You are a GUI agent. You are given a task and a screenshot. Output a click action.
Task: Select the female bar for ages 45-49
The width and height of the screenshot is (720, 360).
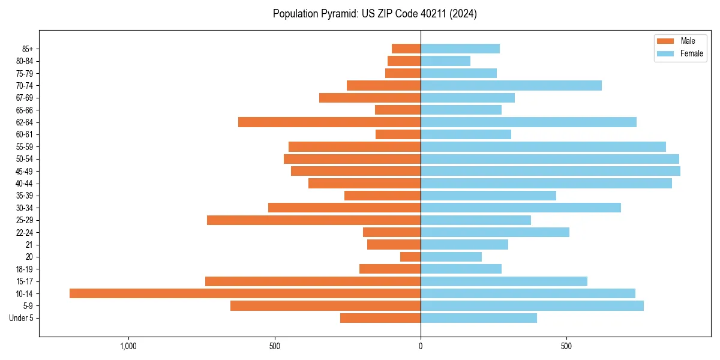550,171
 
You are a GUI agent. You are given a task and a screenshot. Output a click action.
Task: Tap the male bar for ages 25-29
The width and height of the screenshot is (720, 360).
314,220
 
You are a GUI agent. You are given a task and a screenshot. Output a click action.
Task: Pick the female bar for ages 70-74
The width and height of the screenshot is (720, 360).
511,85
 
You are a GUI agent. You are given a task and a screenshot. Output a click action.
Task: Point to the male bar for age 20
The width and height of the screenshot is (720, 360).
410,257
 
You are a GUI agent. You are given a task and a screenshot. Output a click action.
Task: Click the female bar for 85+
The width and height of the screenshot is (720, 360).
460,49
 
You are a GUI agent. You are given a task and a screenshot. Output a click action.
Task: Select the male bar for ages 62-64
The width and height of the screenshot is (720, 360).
329,122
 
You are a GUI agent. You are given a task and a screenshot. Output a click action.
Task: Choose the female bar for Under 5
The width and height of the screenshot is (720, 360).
479,318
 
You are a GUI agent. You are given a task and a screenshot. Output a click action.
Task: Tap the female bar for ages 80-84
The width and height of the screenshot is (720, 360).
445,61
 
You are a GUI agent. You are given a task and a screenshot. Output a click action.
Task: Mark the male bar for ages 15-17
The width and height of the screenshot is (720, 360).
313,281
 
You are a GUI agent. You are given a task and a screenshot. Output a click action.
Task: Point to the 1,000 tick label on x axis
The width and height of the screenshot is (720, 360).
128,346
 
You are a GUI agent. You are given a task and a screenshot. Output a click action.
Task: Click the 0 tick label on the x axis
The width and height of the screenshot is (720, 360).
421,346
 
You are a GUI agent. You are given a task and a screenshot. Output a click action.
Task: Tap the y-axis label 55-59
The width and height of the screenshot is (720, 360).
25,146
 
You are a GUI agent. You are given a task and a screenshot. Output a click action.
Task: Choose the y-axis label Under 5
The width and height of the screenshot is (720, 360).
21,318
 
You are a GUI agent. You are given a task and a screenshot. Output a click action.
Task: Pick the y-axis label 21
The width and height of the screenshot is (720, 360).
29,245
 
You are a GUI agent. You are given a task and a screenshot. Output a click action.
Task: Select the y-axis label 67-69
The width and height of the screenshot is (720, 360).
25,98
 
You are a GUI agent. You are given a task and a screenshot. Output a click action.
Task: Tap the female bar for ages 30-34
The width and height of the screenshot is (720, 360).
521,208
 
